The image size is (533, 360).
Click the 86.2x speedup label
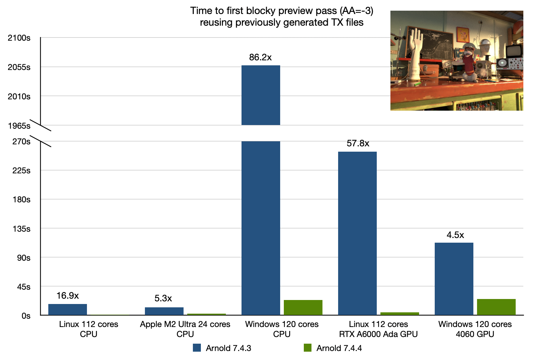coord(260,57)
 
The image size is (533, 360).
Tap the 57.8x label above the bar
coord(358,143)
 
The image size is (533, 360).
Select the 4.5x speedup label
coord(455,235)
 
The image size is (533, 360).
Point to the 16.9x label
coord(68,296)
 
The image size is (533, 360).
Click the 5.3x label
coord(163,298)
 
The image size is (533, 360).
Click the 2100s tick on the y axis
coord(19,38)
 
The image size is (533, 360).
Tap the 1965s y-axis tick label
coord(19,126)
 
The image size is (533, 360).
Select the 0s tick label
coord(26,316)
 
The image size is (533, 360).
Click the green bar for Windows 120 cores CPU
coord(303,307)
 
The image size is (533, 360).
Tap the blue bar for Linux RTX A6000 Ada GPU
coord(357,233)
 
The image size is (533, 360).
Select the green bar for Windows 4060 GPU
coord(496,307)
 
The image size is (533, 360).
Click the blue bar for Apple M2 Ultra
coord(164,311)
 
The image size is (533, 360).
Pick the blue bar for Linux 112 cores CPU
coord(68,309)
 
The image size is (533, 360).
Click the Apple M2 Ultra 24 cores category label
coord(185,329)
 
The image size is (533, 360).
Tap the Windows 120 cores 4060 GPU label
coord(475,329)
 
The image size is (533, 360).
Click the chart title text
coord(281,16)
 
